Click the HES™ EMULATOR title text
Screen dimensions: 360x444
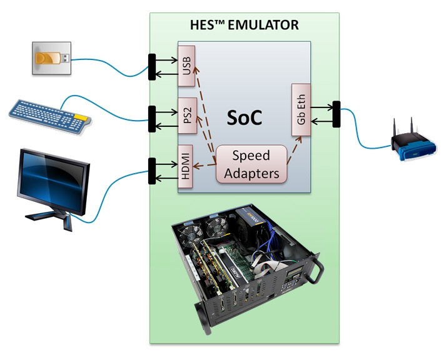pyautogui.click(x=244, y=26)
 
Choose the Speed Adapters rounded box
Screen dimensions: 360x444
pyautogui.click(x=251, y=164)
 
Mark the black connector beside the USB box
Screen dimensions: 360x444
pyautogui.click(x=151, y=66)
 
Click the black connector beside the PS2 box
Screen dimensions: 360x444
pyautogui.click(x=151, y=118)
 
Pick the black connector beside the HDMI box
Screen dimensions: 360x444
pyautogui.click(x=151, y=171)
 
